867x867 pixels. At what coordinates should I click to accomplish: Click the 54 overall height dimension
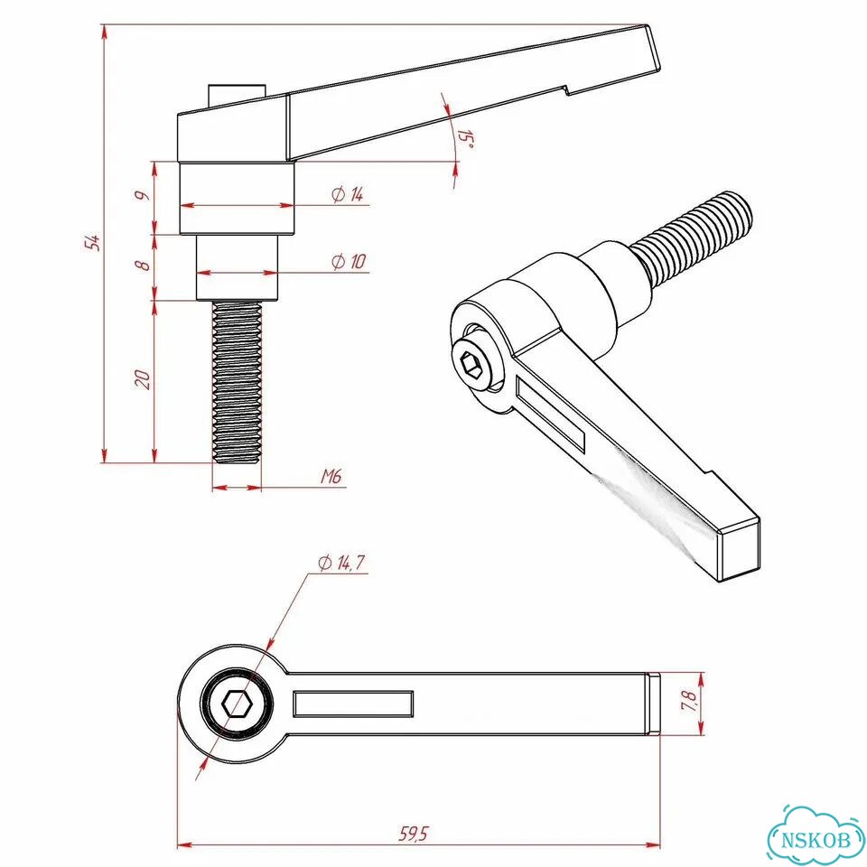coord(95,242)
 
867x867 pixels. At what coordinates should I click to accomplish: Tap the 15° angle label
coord(466,140)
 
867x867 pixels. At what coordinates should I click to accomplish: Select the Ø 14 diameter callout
coord(348,194)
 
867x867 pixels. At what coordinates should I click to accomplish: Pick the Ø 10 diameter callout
coord(349,261)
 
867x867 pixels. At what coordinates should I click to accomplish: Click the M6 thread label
coord(331,476)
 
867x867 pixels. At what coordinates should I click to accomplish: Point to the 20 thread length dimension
coord(143,379)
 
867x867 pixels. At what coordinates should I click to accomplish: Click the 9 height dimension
coord(143,195)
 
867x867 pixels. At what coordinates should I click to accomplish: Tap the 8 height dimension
coord(143,265)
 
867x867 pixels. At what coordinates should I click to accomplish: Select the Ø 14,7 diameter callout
coord(341,563)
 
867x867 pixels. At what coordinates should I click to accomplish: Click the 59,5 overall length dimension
coord(414,834)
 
